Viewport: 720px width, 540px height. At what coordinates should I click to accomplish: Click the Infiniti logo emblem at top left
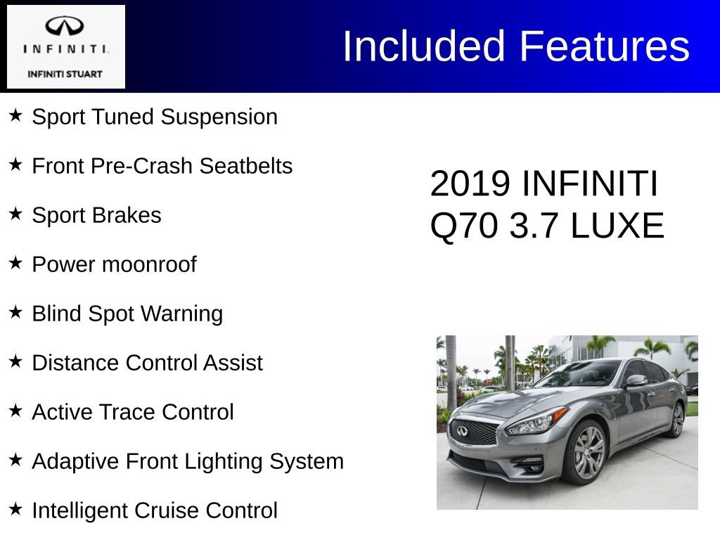pyautogui.click(x=65, y=27)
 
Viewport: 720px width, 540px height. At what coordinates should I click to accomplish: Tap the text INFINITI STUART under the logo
pyautogui.click(x=65, y=74)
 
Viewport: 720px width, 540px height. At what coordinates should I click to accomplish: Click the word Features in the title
pyautogui.click(x=605, y=46)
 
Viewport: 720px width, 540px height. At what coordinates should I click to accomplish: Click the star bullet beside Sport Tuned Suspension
pyautogui.click(x=15, y=115)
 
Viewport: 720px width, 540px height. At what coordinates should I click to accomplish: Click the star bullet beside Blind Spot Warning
pyautogui.click(x=15, y=311)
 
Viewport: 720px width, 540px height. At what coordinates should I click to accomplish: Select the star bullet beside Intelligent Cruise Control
pyautogui.click(x=15, y=508)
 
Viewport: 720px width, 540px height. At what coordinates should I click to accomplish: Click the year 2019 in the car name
pyautogui.click(x=470, y=184)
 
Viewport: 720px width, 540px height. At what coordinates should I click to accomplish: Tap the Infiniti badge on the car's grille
pyautogui.click(x=463, y=432)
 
